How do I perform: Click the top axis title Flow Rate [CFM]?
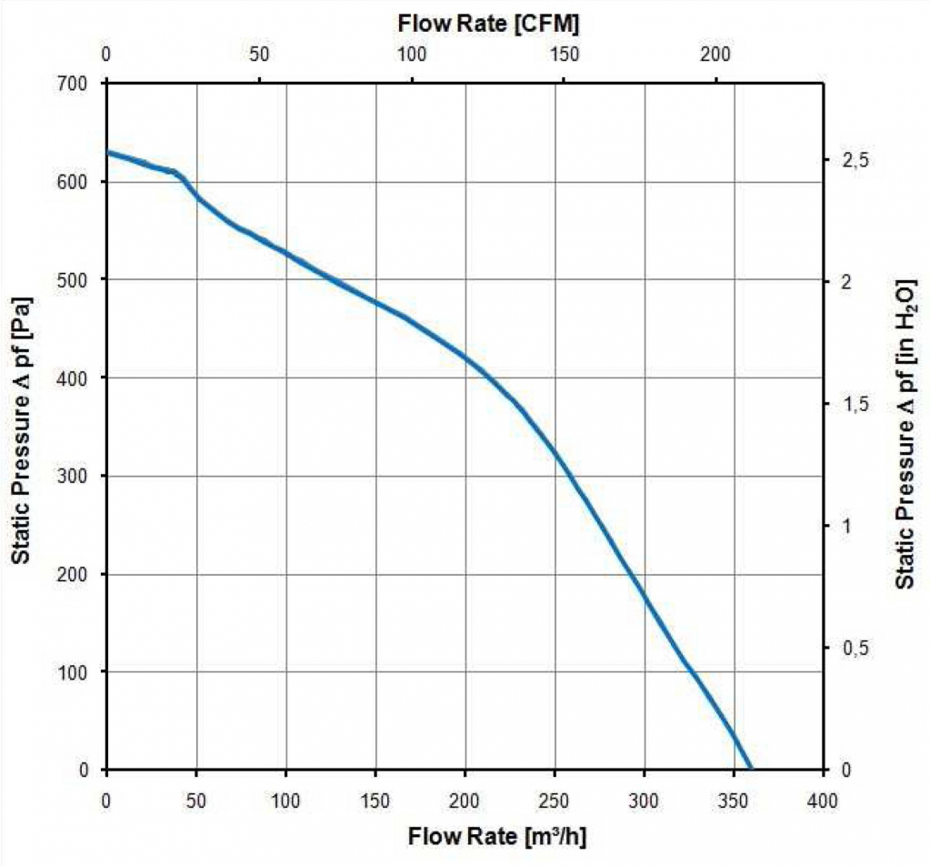[x=488, y=25]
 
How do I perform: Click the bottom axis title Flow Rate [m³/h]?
[x=490, y=835]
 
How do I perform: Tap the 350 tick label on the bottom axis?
[x=734, y=799]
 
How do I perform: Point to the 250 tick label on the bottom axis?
[x=555, y=799]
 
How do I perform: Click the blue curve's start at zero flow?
[x=108, y=153]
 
